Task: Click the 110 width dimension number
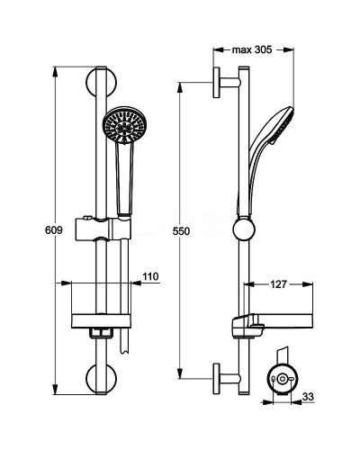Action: pos(149,275)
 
